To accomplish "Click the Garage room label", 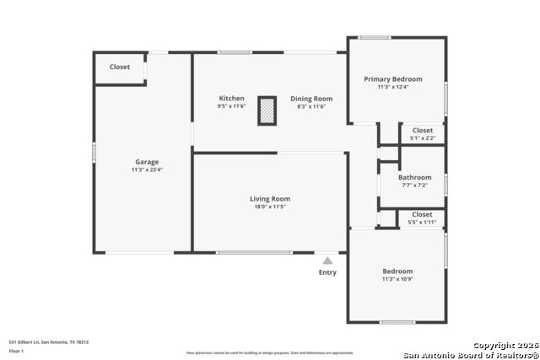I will pyautogui.click(x=147, y=162).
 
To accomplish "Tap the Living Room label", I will pyautogui.click(x=270, y=199).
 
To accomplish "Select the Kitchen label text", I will pyautogui.click(x=231, y=99).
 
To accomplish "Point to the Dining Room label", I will pyautogui.click(x=310, y=99).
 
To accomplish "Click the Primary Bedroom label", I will pyautogui.click(x=393, y=79).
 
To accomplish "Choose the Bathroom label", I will pyautogui.click(x=415, y=177).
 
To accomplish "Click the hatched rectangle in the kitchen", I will pyautogui.click(x=267, y=111).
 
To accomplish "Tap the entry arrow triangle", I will pyautogui.click(x=327, y=261).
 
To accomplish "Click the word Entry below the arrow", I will pyautogui.click(x=327, y=272).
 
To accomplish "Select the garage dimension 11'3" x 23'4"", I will pyautogui.click(x=147, y=170).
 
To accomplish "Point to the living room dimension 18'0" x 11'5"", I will pyautogui.click(x=270, y=207).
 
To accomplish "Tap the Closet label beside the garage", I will pyautogui.click(x=120, y=67).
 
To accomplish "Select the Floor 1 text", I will pyautogui.click(x=16, y=350).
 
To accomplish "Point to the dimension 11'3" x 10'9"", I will pyautogui.click(x=397, y=279).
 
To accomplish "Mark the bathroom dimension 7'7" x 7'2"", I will pyautogui.click(x=415, y=185).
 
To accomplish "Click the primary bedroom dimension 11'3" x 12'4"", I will pyautogui.click(x=393, y=87).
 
